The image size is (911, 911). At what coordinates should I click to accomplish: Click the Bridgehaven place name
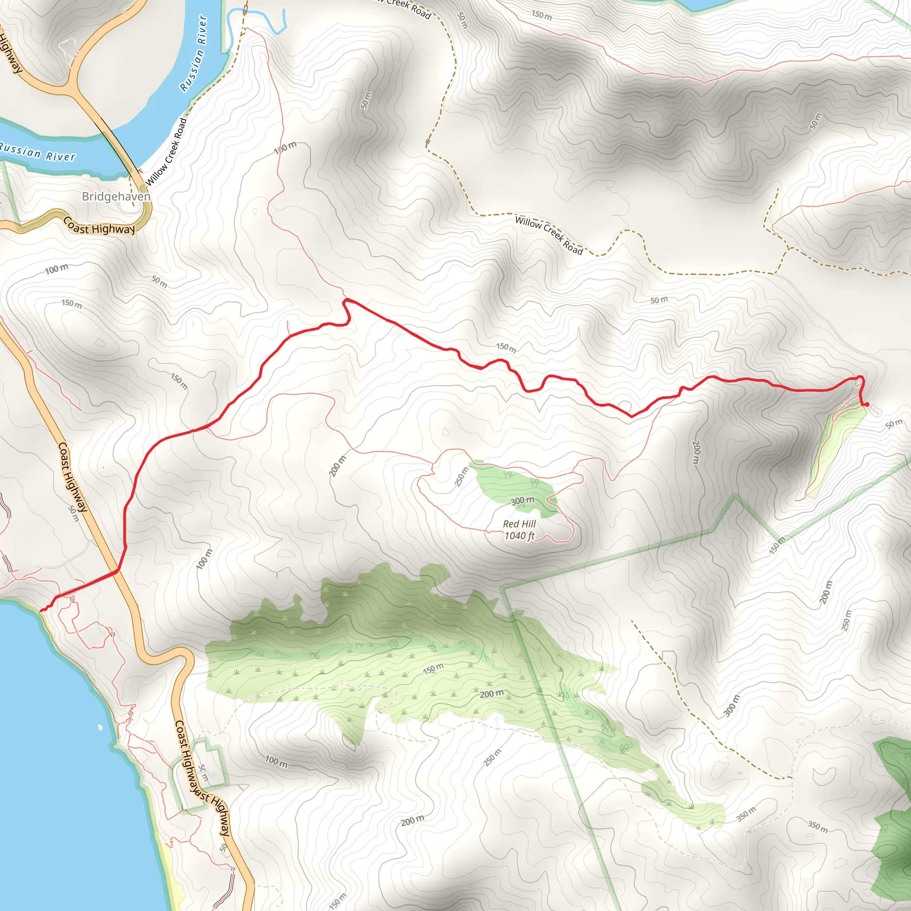116,196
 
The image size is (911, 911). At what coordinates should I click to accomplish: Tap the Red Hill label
519,524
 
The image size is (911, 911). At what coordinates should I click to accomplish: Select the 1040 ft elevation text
519,536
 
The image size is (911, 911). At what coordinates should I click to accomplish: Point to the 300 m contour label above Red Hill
523,500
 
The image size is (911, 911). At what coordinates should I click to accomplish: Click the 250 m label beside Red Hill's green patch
462,476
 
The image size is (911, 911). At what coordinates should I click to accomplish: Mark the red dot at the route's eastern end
867,405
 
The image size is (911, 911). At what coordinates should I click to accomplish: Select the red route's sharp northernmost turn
347,300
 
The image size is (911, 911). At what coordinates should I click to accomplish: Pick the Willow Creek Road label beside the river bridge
166,152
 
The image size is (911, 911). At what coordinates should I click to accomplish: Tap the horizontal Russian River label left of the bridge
38,153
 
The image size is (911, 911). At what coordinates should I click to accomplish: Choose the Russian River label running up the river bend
194,53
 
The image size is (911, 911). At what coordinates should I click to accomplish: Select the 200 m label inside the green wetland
492,694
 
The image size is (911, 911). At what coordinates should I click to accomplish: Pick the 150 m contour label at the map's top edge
541,15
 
